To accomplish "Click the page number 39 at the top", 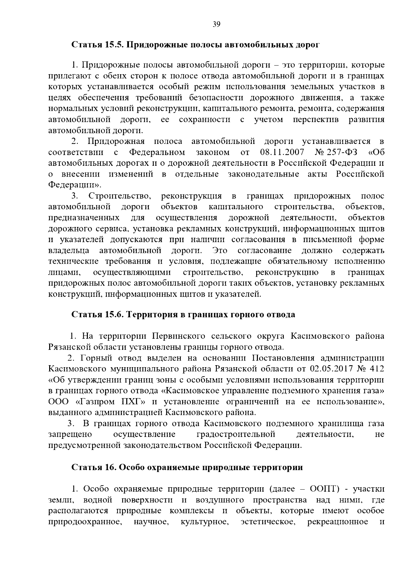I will point(216,24).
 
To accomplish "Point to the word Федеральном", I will point(157,152).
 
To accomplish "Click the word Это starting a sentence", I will point(220,251).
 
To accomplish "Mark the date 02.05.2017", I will point(331,369).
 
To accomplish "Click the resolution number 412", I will point(376,369).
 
